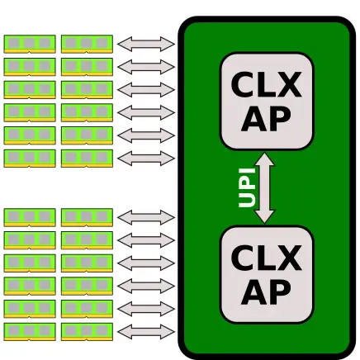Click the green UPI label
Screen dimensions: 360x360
[x=247, y=187]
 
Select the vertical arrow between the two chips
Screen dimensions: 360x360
[x=264, y=188]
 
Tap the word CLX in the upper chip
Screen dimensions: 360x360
[x=266, y=84]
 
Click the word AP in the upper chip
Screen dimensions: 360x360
[x=266, y=118]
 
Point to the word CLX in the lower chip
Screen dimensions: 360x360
[x=266, y=258]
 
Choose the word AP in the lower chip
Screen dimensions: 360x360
[x=266, y=291]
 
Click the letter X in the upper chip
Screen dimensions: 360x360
[x=289, y=84]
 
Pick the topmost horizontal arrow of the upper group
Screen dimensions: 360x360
[x=146, y=44]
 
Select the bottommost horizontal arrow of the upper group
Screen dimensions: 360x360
[x=146, y=159]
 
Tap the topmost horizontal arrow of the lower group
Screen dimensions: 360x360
[x=146, y=217]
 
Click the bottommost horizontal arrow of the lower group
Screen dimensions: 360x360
[x=146, y=332]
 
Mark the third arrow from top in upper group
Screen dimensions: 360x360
[x=146, y=90]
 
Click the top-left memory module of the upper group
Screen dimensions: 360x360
[x=30, y=44]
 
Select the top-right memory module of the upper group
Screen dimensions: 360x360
[x=87, y=44]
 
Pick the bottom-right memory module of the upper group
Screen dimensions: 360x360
[x=87, y=159]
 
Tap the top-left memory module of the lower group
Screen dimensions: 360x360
[x=30, y=217]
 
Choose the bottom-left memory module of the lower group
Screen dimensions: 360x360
[x=30, y=332]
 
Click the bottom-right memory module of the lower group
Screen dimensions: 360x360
[x=87, y=332]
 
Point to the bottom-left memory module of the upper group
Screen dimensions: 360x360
[x=30, y=159]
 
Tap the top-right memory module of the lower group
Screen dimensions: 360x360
[x=87, y=217]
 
